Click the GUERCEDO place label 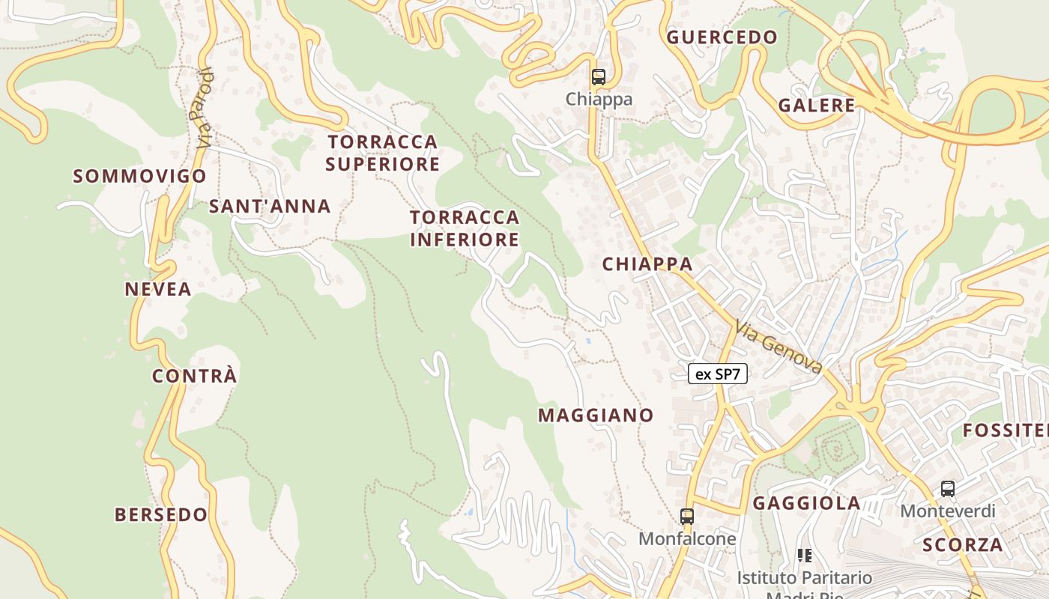[722, 37]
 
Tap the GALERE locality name [816, 106]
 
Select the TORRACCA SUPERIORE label [382, 153]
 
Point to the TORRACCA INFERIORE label [465, 228]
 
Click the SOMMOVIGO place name [139, 177]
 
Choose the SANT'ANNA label [269, 207]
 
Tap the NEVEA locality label [158, 289]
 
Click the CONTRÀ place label [195, 376]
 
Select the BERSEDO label [161, 515]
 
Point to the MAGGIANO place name [596, 416]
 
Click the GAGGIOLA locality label [806, 503]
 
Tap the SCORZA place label [962, 545]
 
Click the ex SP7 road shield [718, 374]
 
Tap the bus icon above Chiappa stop [598, 76]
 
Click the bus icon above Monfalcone [686, 516]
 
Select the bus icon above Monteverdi [947, 489]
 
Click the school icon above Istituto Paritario [804, 556]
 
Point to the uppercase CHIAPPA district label [647, 264]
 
